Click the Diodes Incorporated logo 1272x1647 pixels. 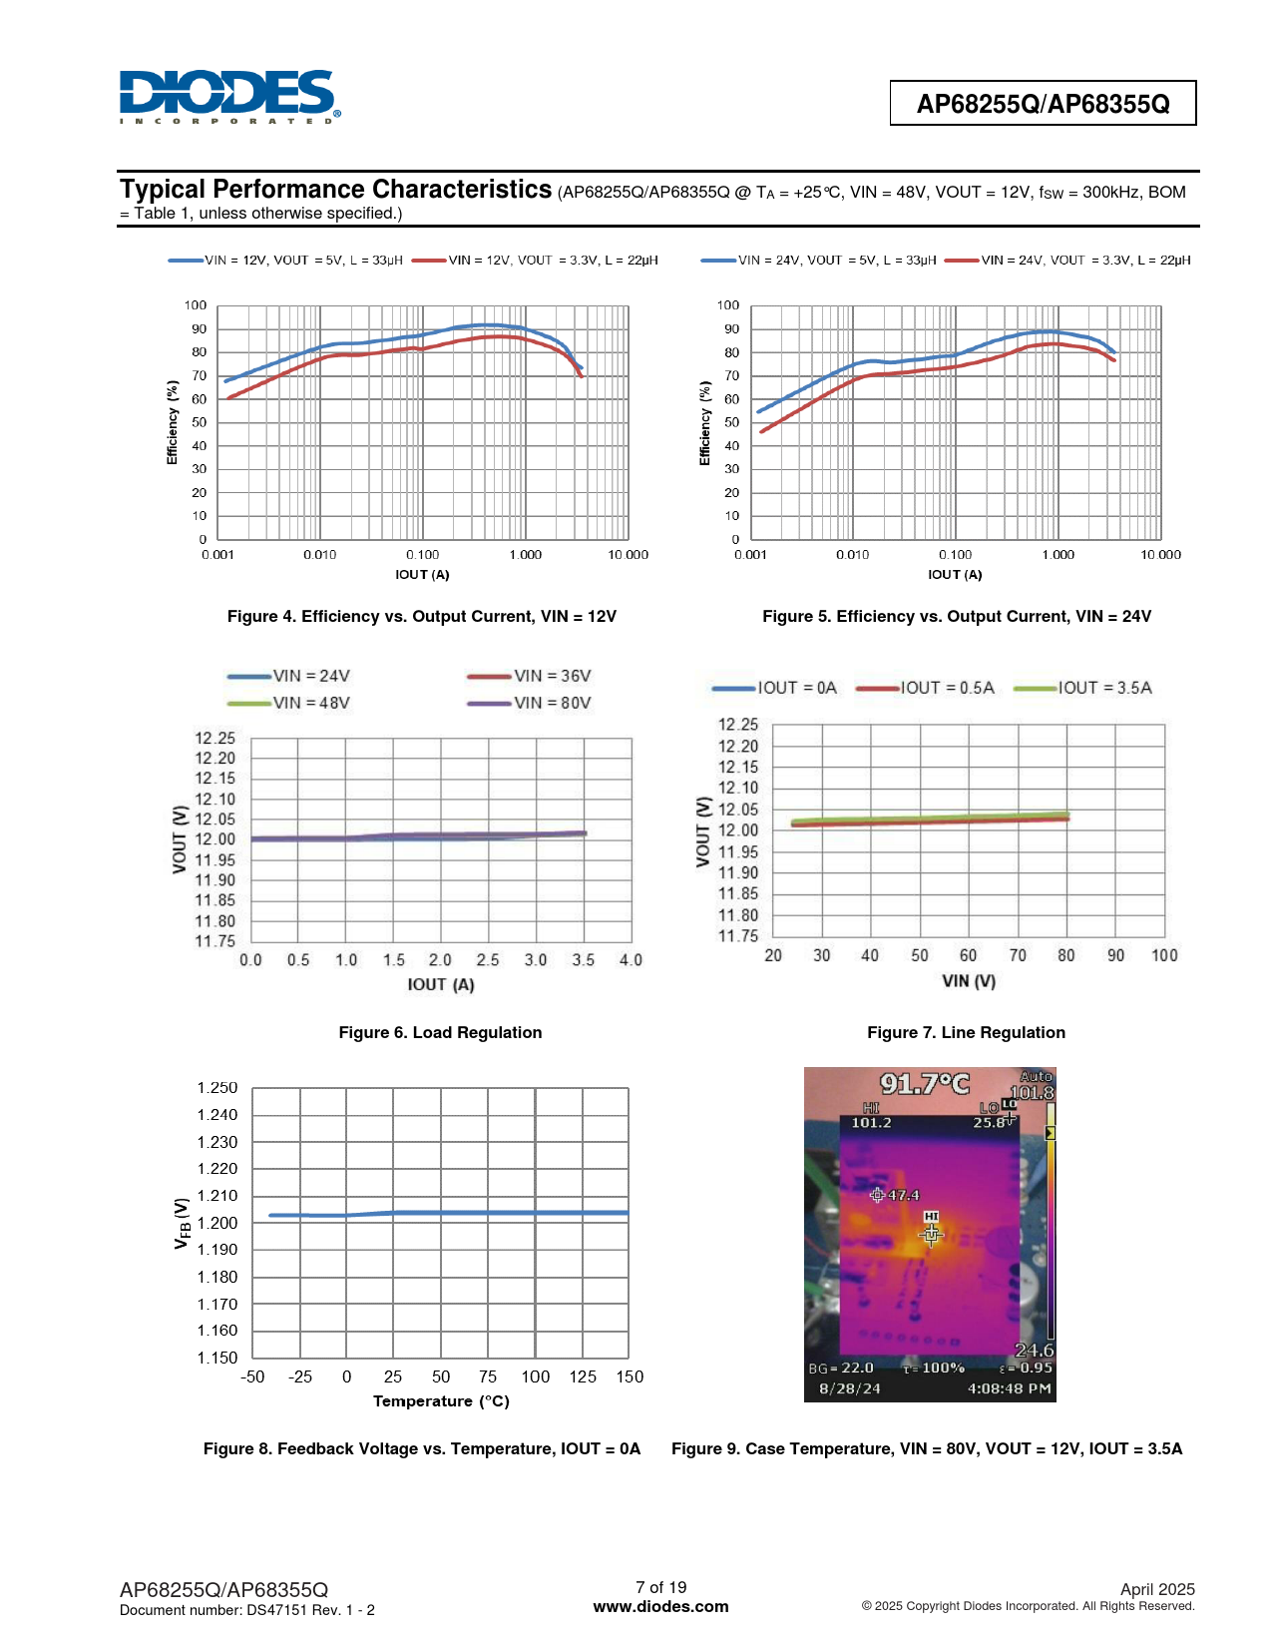[228, 96]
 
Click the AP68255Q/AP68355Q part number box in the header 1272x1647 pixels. [1043, 104]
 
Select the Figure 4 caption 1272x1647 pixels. [422, 617]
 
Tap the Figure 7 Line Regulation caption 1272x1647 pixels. [966, 1033]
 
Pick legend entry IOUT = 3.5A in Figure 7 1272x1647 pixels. [1104, 688]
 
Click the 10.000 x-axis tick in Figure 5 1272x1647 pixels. [1160, 555]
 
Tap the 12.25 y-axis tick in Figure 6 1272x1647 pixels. [214, 739]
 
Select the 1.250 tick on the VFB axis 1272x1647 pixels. [217, 1088]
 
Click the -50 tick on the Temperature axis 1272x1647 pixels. [252, 1377]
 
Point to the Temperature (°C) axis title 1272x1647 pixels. [441, 1401]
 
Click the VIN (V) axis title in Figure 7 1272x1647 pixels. [969, 981]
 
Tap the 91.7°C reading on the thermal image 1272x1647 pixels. [924, 1084]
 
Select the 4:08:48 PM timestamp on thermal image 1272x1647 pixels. [1009, 1388]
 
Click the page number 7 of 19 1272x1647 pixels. [660, 1587]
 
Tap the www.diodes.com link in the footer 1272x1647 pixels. [660, 1607]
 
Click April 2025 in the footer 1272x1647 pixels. [1156, 1589]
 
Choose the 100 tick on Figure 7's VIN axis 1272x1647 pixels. [1164, 955]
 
